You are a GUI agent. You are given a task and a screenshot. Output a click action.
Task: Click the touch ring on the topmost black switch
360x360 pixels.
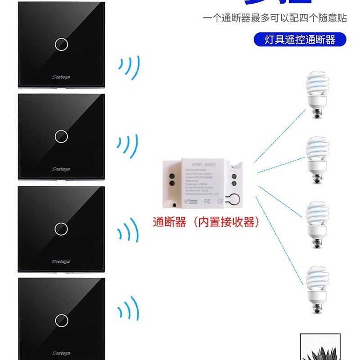(x=61, y=44)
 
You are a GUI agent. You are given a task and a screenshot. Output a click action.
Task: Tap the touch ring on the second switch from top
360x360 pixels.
(x=61, y=136)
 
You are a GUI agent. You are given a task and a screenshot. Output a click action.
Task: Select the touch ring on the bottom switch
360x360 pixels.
(x=61, y=320)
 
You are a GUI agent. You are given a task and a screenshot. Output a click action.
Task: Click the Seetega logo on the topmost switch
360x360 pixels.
(x=61, y=77)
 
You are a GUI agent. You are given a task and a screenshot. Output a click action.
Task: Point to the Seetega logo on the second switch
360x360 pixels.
(x=61, y=169)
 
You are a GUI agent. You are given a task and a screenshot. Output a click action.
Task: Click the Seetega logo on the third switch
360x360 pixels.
(x=61, y=261)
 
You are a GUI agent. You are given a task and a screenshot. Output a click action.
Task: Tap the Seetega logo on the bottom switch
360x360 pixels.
(x=61, y=353)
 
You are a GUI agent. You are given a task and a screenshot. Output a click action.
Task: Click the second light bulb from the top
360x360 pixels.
(x=317, y=160)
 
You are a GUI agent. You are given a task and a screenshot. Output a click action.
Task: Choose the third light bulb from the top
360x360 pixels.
(x=317, y=224)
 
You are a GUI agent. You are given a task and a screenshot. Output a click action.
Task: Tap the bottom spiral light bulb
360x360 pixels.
(x=317, y=289)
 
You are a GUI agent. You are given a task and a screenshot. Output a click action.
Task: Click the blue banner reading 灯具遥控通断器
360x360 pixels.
(x=300, y=40)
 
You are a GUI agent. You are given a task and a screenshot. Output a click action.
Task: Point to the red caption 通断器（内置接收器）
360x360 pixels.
(x=206, y=222)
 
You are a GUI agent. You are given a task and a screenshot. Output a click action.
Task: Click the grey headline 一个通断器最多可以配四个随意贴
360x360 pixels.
(x=274, y=18)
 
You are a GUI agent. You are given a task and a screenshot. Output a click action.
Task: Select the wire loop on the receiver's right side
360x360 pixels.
(x=234, y=199)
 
